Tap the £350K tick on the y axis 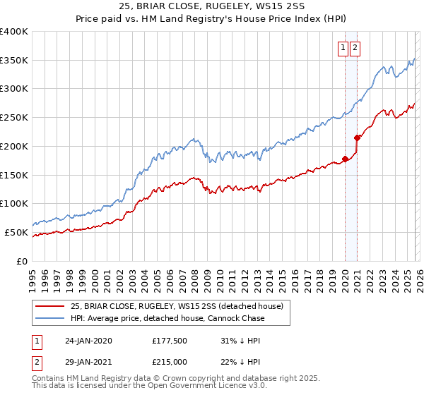[x=14, y=61]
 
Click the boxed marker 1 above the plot [x=343, y=48]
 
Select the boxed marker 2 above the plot [x=354, y=48]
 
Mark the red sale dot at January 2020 [x=345, y=159]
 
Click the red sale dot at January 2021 [x=358, y=138]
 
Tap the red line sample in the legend [x=50, y=306]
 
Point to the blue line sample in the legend [x=50, y=318]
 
